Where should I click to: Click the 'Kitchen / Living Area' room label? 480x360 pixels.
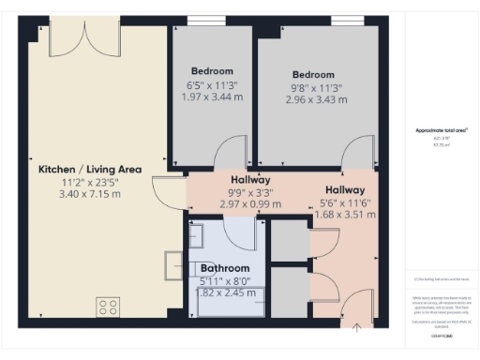pyautogui.click(x=90, y=170)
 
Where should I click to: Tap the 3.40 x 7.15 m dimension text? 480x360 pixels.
pyautogui.click(x=90, y=196)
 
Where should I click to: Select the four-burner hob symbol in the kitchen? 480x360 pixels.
pyautogui.click(x=108, y=307)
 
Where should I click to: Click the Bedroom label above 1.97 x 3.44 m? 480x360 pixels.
pyautogui.click(x=212, y=71)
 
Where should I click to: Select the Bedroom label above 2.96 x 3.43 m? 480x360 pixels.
pyautogui.click(x=312, y=75)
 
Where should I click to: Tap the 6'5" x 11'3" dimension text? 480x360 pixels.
pyautogui.click(x=212, y=84)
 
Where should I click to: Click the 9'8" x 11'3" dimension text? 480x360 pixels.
pyautogui.click(x=312, y=88)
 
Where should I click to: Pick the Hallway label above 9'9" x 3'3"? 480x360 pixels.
pyautogui.click(x=250, y=180)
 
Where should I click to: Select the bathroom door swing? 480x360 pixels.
pyautogui.click(x=241, y=232)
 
